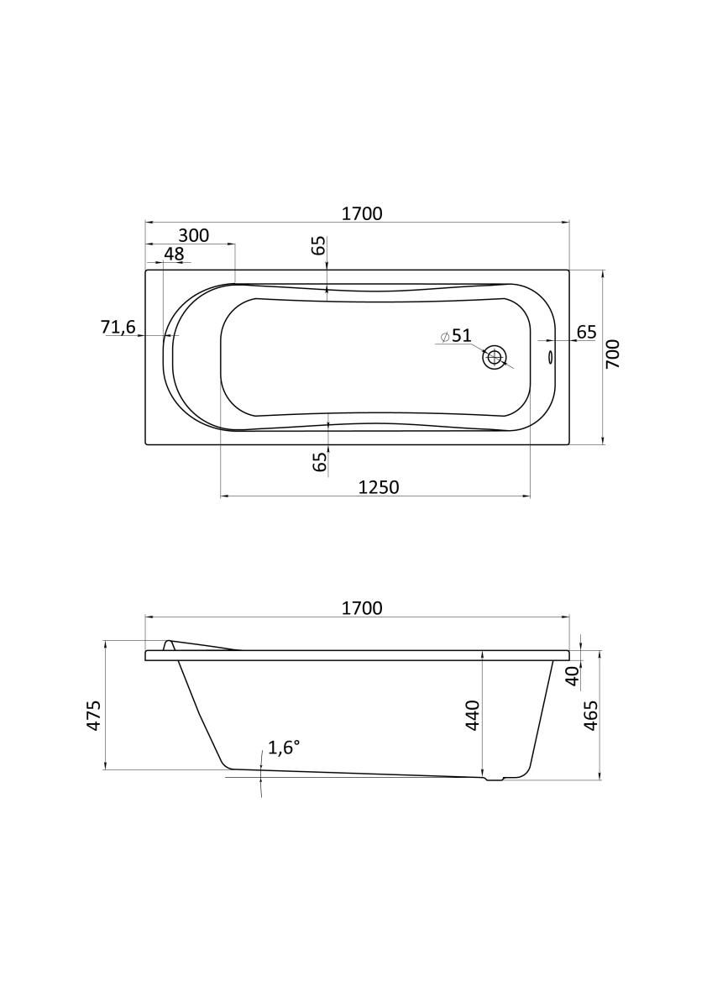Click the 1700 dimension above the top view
[362, 213]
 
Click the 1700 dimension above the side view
[362, 608]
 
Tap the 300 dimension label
[194, 235]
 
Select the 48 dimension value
[174, 254]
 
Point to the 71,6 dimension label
[118, 327]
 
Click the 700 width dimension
[613, 354]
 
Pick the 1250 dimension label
[379, 487]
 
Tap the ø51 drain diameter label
[456, 335]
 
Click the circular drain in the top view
[495, 358]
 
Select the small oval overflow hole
[550, 357]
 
